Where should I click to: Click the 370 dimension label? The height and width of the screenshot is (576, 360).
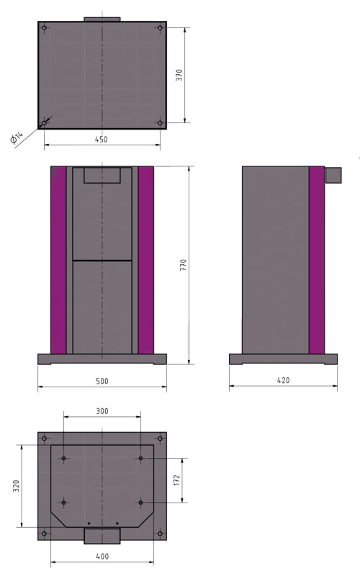point(179,76)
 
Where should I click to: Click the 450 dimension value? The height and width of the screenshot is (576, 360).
point(102,140)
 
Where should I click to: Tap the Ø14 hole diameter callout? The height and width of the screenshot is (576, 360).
point(17,138)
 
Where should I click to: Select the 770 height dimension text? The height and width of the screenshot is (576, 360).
point(184,265)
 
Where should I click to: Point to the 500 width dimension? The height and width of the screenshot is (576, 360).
point(102,382)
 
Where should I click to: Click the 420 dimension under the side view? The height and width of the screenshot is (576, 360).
point(283,381)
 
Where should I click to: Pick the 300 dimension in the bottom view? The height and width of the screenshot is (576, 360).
point(102,411)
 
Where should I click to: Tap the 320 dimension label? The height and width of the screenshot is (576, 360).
point(16,485)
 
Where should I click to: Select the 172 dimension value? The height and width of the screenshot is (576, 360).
point(177,480)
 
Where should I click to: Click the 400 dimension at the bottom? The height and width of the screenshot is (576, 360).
point(102,557)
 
